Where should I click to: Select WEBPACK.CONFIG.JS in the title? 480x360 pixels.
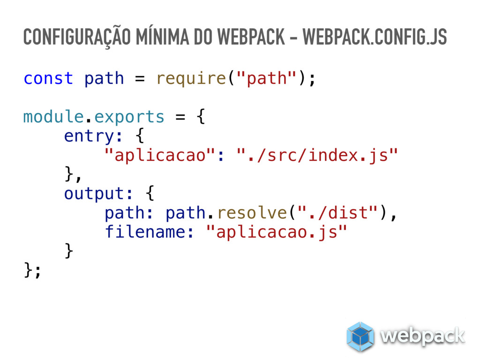[x=375, y=38]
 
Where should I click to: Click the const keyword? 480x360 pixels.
[x=48, y=78]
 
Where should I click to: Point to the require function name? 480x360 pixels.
[x=191, y=78]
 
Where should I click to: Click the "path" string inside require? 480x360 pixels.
[x=266, y=78]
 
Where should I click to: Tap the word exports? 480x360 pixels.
[x=129, y=117]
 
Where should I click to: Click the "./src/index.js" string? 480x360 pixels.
[x=317, y=155]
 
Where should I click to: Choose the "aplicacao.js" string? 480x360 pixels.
[x=277, y=232]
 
